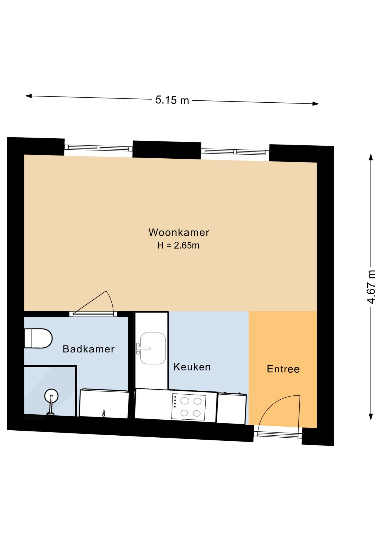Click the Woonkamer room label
(x=179, y=233)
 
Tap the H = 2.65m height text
(x=178, y=246)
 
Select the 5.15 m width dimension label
(x=172, y=100)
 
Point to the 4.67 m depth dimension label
(x=371, y=287)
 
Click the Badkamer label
(x=89, y=349)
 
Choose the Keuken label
(x=192, y=367)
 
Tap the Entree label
(x=283, y=369)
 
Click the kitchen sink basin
(x=153, y=348)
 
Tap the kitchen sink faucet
(x=141, y=348)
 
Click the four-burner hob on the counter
(x=189, y=407)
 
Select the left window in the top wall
(x=98, y=148)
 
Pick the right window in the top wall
(x=235, y=152)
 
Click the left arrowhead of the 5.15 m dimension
(x=28, y=96)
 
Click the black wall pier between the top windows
(x=167, y=150)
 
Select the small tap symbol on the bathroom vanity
(x=104, y=413)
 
